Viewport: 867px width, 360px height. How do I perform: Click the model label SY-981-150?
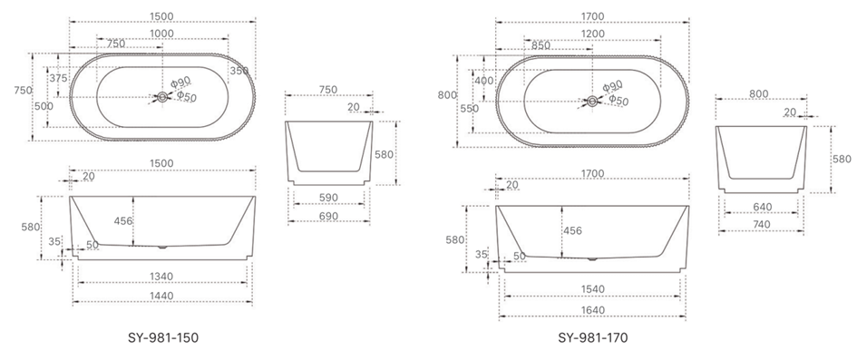[162, 337]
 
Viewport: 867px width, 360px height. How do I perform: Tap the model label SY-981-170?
[593, 337]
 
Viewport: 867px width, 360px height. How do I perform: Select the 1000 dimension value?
[162, 34]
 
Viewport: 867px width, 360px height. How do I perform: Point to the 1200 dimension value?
[593, 34]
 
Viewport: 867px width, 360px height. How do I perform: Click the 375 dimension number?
[59, 79]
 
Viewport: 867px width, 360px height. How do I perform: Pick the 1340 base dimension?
[161, 277]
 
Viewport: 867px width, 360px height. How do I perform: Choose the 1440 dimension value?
[161, 296]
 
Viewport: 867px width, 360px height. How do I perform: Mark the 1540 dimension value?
[592, 289]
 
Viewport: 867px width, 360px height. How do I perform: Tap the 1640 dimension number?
[592, 310]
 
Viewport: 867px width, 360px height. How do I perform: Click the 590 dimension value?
[328, 198]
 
